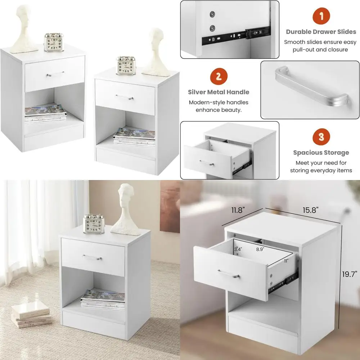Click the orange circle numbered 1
(321, 17)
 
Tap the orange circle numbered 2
(219, 76)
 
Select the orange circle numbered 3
(321, 137)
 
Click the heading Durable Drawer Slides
(321, 32)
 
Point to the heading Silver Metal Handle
(219, 92)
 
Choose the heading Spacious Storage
(321, 153)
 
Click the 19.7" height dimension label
(350, 274)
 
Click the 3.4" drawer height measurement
(238, 249)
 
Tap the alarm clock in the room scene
(93, 224)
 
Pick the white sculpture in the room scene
(125, 209)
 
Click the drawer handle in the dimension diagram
(229, 274)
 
